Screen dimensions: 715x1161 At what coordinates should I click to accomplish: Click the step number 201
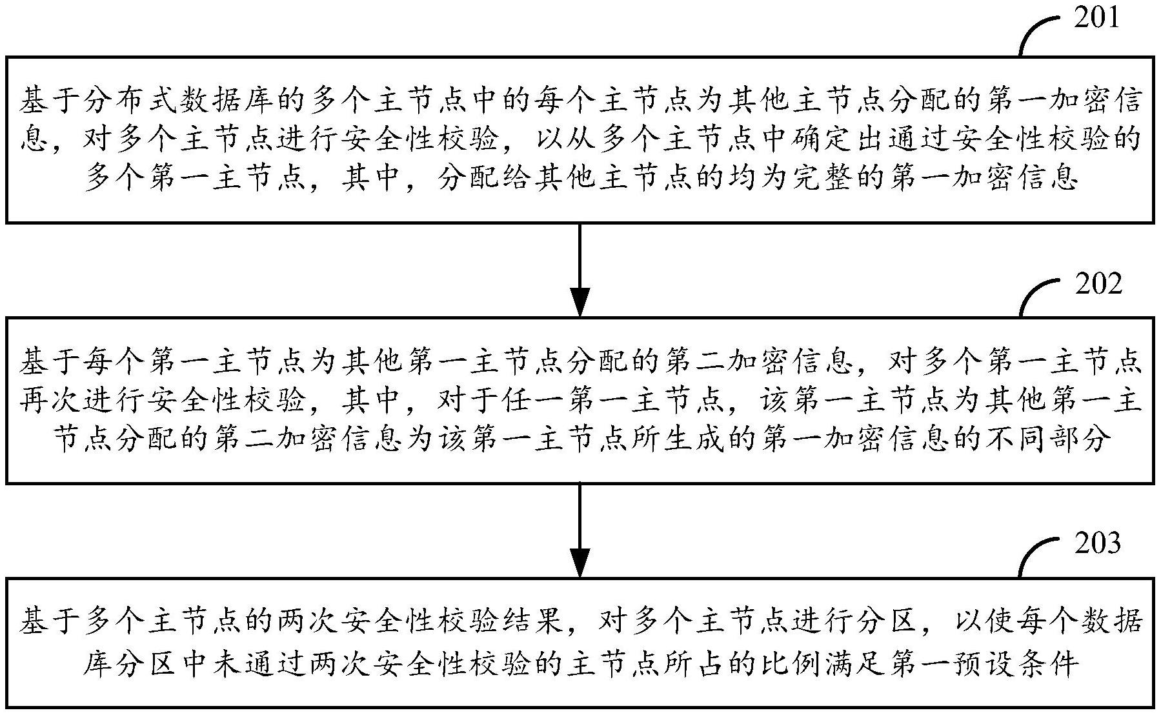1096,17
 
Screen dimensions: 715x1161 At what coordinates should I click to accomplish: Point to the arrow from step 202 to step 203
580,530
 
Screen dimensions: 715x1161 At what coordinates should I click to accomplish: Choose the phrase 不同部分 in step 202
1044,439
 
